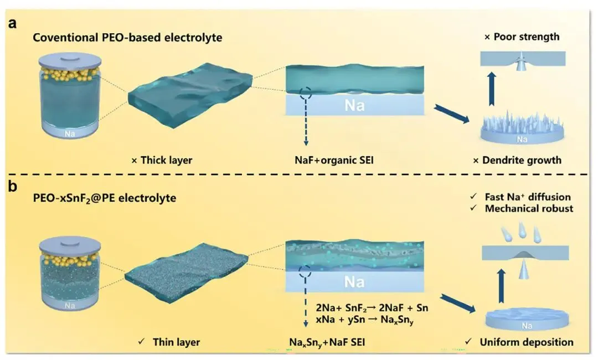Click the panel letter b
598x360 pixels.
[11, 185]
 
